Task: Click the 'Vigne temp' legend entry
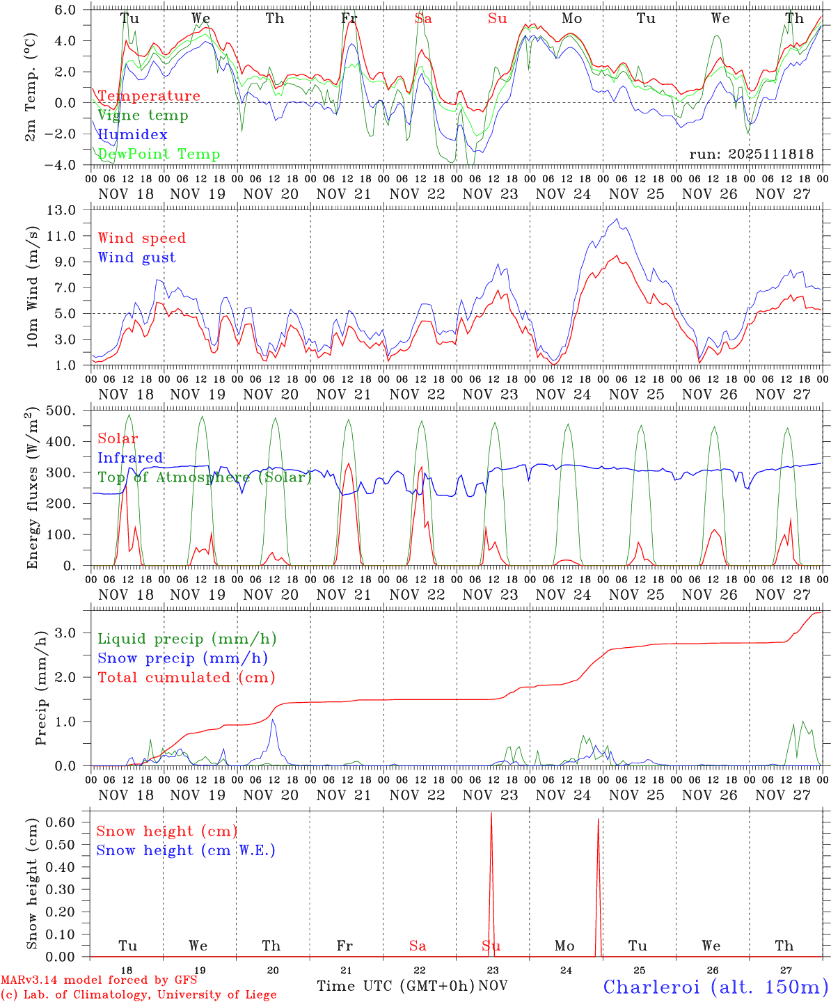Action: click(x=143, y=116)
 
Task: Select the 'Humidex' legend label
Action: click(x=132, y=135)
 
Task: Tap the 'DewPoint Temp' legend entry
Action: click(x=159, y=154)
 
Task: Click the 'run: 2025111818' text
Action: click(x=751, y=154)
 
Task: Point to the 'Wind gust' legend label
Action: click(x=136, y=257)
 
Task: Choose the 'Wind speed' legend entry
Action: click(x=142, y=238)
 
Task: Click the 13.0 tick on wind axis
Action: click(x=70, y=209)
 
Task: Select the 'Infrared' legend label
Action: click(x=130, y=458)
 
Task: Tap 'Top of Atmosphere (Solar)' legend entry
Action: click(x=205, y=477)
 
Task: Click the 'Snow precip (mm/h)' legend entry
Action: click(x=182, y=658)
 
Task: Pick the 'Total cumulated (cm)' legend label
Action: click(x=186, y=678)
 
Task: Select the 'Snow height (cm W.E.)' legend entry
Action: click(x=186, y=850)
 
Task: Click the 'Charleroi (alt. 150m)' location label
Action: click(x=715, y=987)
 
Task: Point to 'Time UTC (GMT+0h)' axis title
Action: click(x=396, y=986)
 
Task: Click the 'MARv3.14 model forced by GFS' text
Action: click(x=100, y=980)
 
